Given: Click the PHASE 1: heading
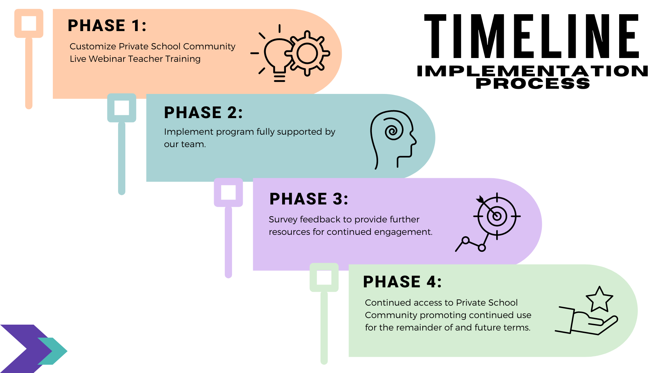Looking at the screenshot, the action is pyautogui.click(x=107, y=26).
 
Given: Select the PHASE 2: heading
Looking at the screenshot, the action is pyautogui.click(x=203, y=113).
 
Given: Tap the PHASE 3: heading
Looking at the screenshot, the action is pyautogui.click(x=309, y=199).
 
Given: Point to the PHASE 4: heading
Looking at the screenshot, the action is pyautogui.click(x=402, y=282).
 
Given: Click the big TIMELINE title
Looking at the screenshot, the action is pyautogui.click(x=532, y=36).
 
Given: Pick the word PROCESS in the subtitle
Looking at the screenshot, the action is pyautogui.click(x=533, y=84).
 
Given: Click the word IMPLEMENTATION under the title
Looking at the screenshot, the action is pyautogui.click(x=532, y=71).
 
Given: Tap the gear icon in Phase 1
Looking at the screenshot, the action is pyautogui.click(x=307, y=54).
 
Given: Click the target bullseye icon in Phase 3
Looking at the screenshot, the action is pyautogui.click(x=497, y=216).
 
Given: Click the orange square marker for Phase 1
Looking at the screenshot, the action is pyautogui.click(x=29, y=23).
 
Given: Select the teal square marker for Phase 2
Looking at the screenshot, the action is pyautogui.click(x=122, y=108).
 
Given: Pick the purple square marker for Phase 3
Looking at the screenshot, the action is pyautogui.click(x=228, y=192).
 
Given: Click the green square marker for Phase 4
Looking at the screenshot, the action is pyautogui.click(x=324, y=277).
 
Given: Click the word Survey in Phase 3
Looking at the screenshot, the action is pyautogui.click(x=283, y=220).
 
